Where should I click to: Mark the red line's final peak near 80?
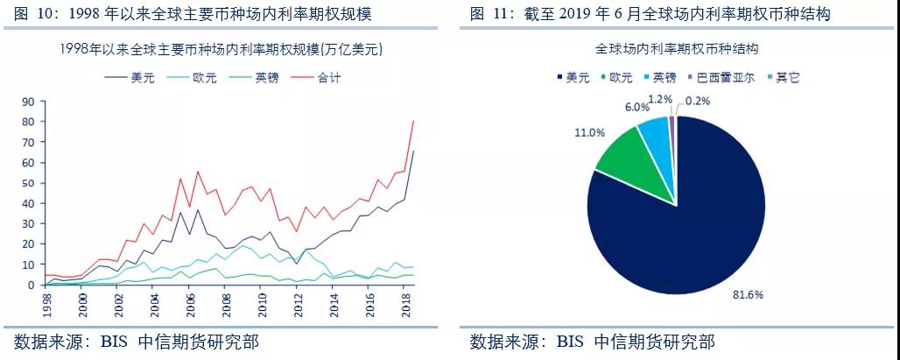(x=413, y=121)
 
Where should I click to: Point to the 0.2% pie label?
(x=700, y=101)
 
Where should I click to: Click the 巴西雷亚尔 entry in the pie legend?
(x=727, y=77)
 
